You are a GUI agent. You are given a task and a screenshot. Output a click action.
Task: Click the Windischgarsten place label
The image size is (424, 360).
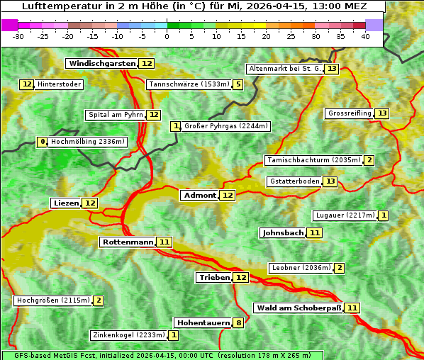point(102,64)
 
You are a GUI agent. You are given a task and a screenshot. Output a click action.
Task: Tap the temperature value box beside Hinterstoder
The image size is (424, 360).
point(27,85)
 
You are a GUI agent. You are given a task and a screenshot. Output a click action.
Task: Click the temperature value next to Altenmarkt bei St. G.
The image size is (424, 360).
point(332,69)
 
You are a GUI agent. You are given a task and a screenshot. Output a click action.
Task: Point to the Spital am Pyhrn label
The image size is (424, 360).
point(115,115)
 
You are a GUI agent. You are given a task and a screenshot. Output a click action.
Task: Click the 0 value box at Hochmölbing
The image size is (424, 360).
point(43,142)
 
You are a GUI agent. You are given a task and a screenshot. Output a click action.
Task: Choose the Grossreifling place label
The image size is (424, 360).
point(350,113)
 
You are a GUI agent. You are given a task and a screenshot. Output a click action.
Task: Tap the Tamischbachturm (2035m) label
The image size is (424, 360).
point(313,160)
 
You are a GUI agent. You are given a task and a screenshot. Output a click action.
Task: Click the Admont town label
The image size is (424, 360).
point(200,195)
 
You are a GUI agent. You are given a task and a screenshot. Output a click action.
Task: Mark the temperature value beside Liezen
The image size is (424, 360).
point(90,203)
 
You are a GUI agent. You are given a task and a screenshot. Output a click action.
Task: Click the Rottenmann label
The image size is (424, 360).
point(128,242)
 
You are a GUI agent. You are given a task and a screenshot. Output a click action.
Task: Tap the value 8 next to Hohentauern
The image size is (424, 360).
point(239,323)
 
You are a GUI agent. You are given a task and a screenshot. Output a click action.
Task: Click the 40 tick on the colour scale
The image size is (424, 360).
point(365,36)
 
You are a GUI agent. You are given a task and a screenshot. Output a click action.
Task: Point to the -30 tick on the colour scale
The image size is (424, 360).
point(18,36)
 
